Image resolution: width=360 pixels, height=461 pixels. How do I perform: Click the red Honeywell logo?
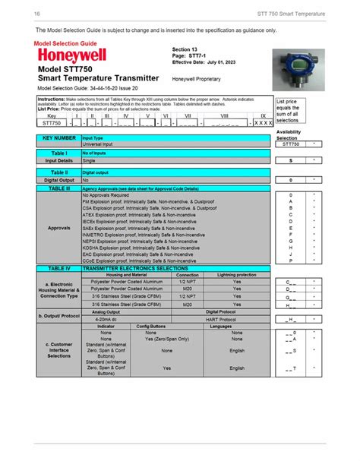tap(71, 57)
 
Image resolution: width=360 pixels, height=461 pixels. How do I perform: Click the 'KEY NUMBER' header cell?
tap(58, 138)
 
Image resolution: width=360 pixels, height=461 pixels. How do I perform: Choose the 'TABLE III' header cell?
tap(58, 187)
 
